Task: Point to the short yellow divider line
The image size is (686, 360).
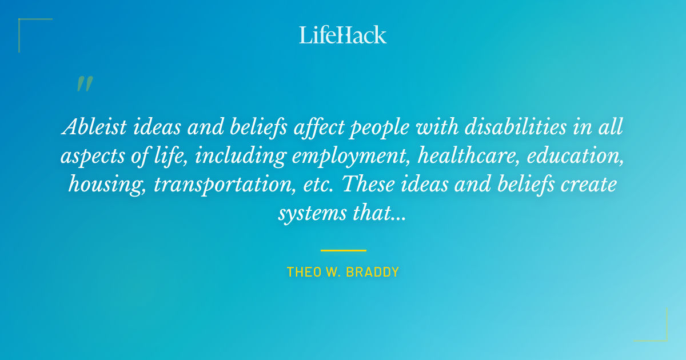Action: click(x=343, y=250)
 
